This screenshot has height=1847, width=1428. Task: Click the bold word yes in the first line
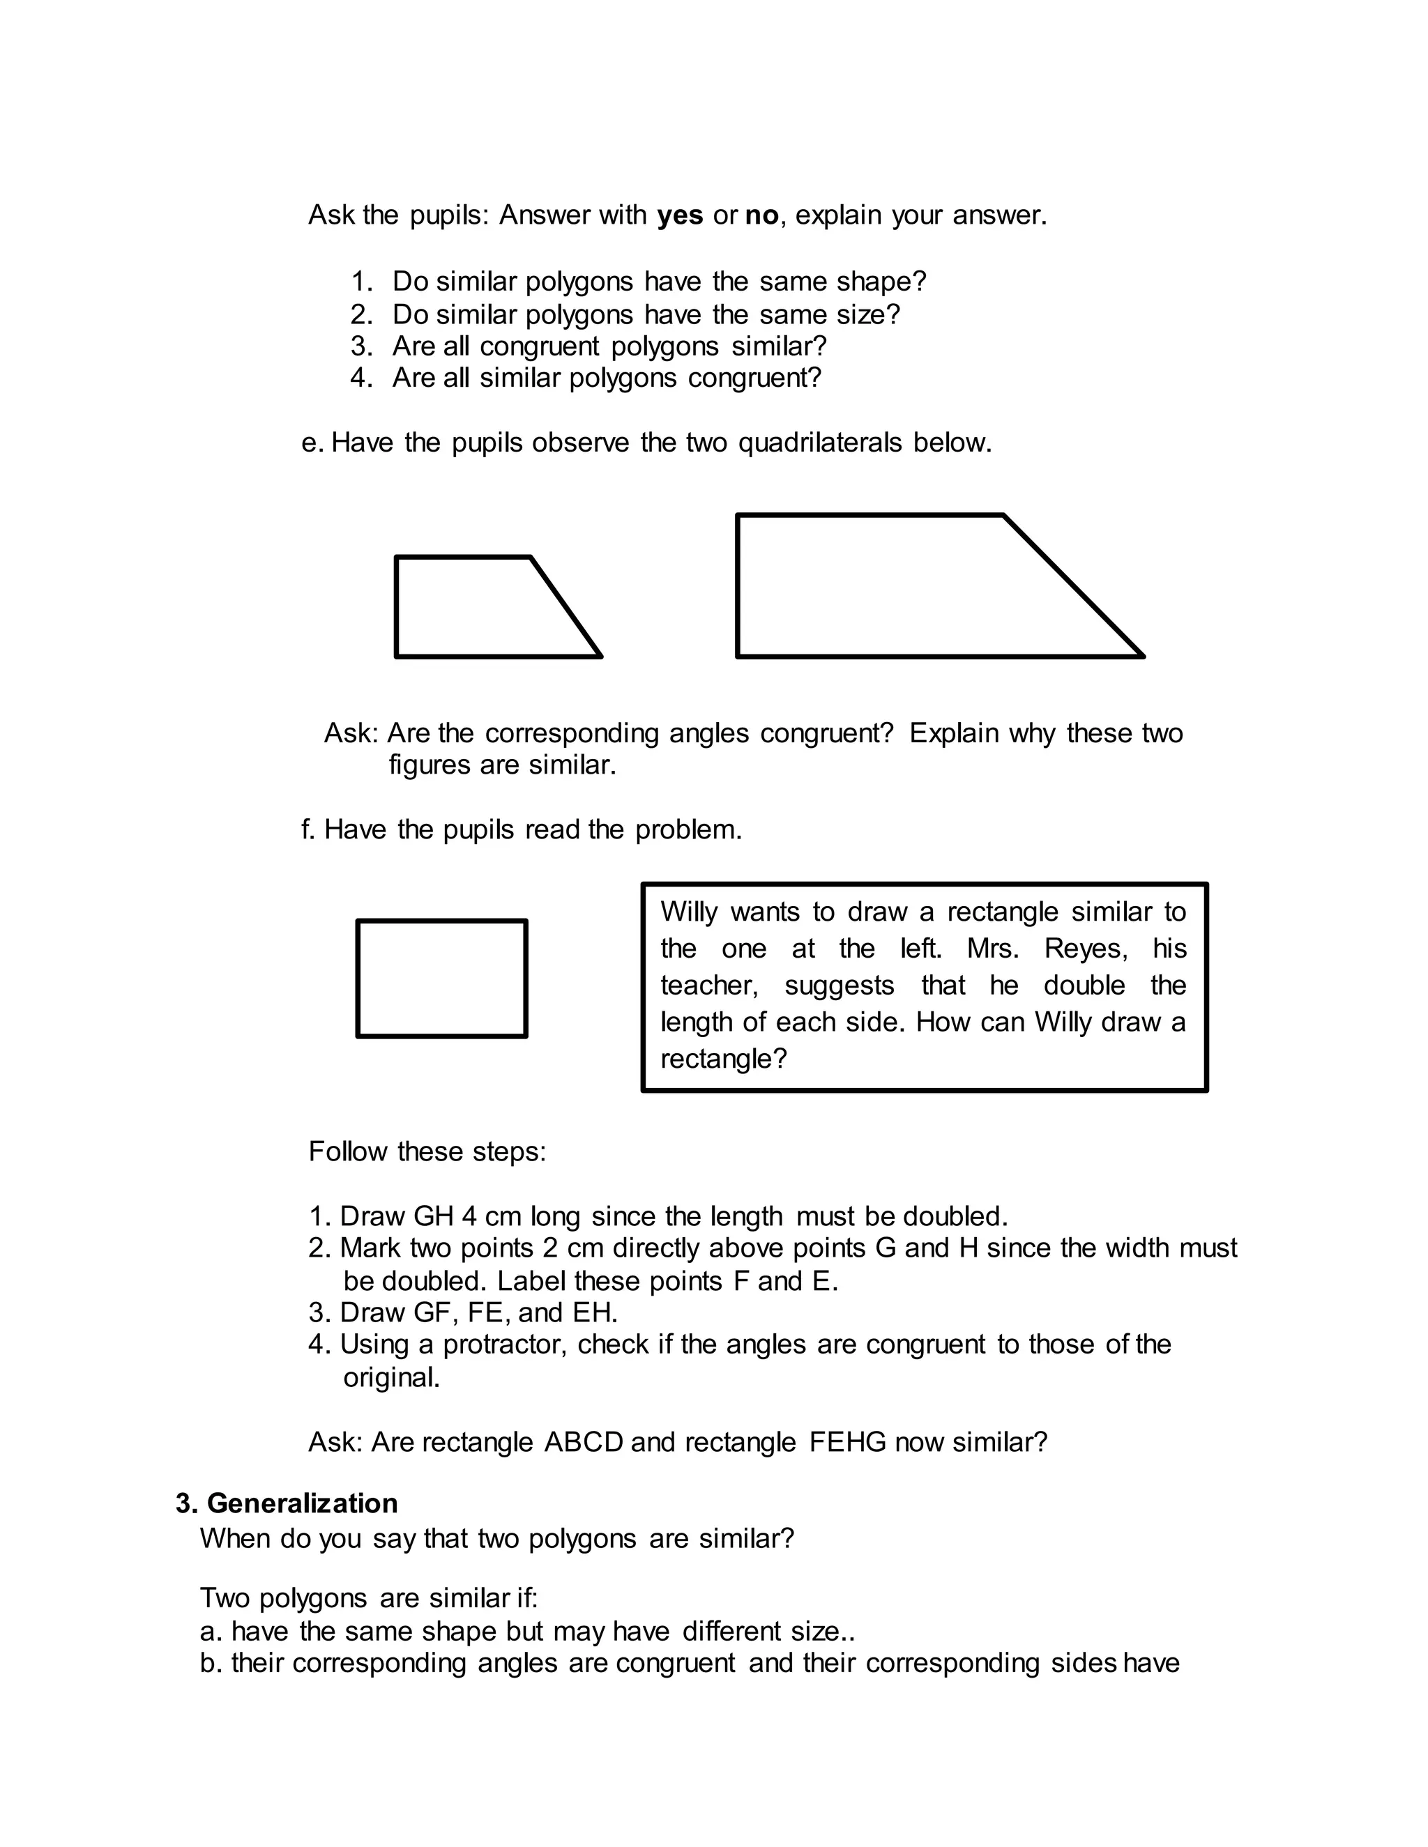[x=679, y=215]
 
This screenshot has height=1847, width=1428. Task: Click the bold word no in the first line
[x=761, y=215]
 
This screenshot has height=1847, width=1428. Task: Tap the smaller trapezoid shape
[x=483, y=607]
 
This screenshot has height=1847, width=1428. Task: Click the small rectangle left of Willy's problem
[x=441, y=979]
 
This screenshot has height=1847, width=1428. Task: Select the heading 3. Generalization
[x=287, y=1503]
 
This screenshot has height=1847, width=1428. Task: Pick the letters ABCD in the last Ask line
[x=583, y=1442]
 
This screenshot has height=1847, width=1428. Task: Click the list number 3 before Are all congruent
[x=360, y=346]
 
